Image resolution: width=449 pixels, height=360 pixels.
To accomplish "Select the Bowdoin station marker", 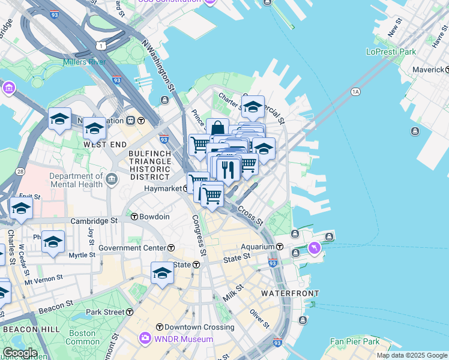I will tap(135, 217).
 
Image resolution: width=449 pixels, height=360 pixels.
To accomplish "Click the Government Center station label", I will tap(133, 248).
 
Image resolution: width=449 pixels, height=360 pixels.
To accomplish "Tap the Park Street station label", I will tap(105, 312).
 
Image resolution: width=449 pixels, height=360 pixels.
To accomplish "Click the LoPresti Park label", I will tap(391, 52).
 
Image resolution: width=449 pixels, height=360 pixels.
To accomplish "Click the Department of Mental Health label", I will tap(76, 180).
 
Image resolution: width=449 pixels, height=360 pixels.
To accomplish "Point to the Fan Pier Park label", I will tap(355, 341).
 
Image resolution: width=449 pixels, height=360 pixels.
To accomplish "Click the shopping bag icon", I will tap(217, 129).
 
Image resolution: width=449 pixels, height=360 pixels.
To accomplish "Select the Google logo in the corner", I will tap(20, 353).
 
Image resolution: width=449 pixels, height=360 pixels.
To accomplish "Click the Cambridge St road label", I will tap(95, 221).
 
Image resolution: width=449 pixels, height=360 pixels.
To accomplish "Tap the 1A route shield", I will tap(355, 91).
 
